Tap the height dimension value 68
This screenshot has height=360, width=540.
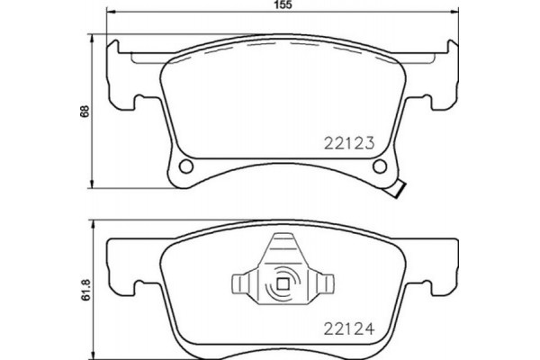point(85,112)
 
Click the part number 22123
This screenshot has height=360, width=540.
point(347,141)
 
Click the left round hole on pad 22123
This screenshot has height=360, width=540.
point(187,168)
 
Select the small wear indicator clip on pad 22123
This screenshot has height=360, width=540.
point(397,190)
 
